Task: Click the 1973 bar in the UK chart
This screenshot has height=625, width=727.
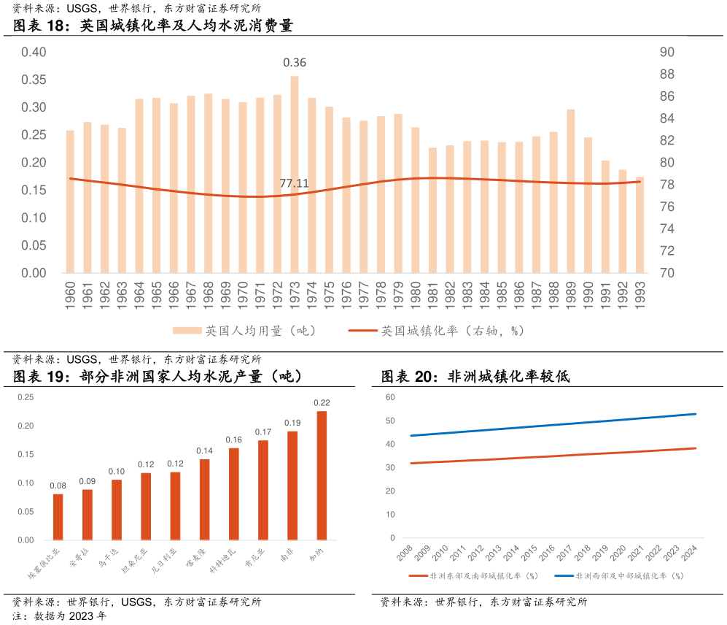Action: [295, 175]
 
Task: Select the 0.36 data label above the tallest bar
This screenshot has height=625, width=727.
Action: [295, 63]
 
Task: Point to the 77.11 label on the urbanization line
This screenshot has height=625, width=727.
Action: [295, 183]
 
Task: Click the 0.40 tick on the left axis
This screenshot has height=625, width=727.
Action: [34, 52]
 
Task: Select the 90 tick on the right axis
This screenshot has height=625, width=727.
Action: [666, 52]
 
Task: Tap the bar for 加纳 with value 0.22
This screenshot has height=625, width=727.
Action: [322, 476]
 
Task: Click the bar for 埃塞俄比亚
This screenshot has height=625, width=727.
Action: [58, 517]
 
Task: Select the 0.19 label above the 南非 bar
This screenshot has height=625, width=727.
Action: [292, 423]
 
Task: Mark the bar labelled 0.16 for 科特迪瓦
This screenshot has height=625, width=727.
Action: [234, 494]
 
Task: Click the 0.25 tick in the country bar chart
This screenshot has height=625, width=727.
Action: [26, 397]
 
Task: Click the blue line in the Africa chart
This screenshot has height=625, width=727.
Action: [554, 425]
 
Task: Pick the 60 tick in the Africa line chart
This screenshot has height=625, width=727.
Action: [390, 397]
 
